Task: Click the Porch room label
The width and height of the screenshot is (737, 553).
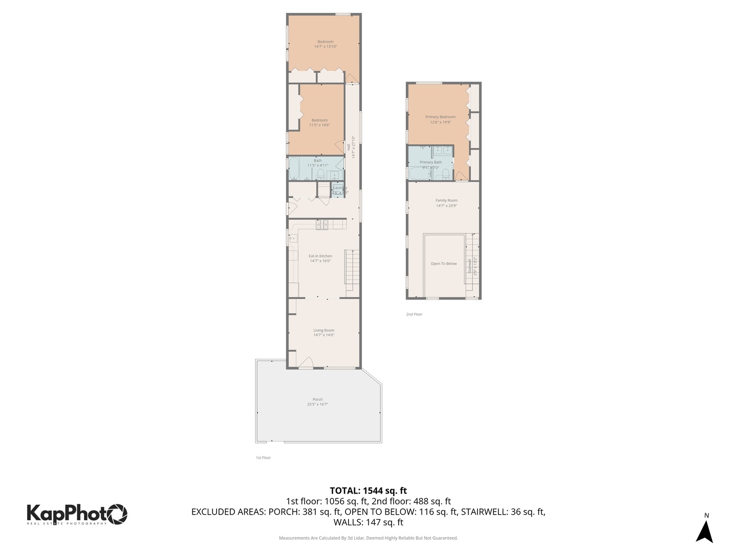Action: (x=317, y=399)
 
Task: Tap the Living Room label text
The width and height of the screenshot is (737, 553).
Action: (x=323, y=330)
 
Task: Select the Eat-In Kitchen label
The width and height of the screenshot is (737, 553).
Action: (x=320, y=256)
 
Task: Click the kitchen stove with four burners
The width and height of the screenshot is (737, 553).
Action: (x=322, y=224)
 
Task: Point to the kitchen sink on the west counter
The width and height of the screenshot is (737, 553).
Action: (x=293, y=238)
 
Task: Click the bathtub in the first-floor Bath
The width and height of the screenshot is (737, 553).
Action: (x=294, y=169)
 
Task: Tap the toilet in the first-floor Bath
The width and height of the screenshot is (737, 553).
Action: (x=321, y=175)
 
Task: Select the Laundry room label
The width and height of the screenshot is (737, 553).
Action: (x=340, y=188)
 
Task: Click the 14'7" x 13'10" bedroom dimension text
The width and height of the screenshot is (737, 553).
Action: (x=325, y=47)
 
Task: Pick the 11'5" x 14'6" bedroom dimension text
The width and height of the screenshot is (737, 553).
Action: (x=319, y=125)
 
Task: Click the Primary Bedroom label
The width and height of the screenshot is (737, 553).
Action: (x=440, y=117)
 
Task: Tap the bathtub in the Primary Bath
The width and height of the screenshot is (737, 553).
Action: (x=418, y=173)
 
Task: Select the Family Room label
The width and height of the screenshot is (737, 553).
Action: (x=446, y=201)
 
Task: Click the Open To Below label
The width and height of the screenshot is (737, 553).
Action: (x=444, y=264)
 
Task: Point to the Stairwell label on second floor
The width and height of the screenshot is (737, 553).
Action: (x=470, y=266)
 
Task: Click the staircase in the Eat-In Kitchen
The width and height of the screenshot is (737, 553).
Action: (x=352, y=269)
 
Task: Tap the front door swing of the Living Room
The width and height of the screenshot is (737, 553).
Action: (x=305, y=363)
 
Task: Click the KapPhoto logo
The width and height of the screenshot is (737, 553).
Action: (x=77, y=514)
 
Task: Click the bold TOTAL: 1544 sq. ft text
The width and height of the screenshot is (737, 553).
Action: (x=368, y=491)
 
